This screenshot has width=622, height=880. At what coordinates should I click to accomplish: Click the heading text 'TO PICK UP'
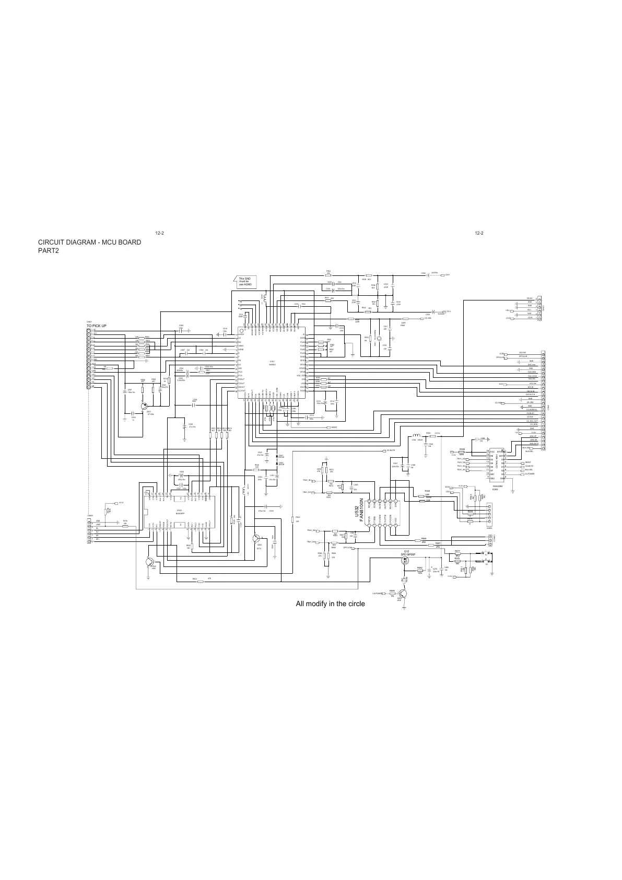tap(97, 326)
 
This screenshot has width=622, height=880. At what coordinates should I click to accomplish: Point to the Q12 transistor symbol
tap(405, 561)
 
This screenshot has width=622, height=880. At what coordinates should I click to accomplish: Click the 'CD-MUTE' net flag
tap(389, 450)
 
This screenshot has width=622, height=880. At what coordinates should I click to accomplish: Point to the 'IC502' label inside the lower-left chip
tap(179, 511)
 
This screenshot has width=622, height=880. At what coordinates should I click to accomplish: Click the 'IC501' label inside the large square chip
tap(272, 361)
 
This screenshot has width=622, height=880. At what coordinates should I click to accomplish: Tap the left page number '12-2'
tap(160, 233)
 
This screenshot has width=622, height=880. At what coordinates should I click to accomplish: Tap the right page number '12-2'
tap(479, 233)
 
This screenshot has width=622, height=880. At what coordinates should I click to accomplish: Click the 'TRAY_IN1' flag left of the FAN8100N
tap(307, 480)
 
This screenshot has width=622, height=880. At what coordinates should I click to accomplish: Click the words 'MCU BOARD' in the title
tap(115, 242)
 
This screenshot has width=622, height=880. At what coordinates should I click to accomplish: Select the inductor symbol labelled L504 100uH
tap(416, 435)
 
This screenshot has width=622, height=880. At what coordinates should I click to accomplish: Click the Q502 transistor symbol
tap(256, 539)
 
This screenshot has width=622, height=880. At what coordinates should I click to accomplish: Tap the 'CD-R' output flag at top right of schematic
tap(448, 274)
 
